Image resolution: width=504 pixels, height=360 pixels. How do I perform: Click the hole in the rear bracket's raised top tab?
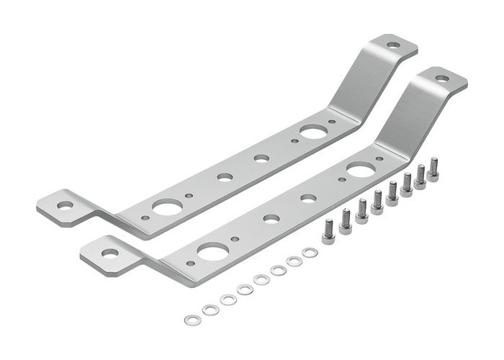(393, 45)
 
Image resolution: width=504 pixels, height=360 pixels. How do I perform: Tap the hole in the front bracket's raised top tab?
(442, 78)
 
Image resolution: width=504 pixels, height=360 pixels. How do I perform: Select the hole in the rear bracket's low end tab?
(66, 205)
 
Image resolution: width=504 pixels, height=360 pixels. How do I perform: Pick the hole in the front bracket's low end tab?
(109, 253)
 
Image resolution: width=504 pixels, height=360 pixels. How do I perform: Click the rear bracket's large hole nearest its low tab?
(167, 207)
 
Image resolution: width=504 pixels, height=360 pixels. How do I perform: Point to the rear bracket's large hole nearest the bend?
(312, 132)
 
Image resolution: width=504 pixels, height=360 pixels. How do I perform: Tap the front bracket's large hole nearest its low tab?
(213, 251)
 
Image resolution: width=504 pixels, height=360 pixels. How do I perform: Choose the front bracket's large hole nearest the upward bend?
(360, 170)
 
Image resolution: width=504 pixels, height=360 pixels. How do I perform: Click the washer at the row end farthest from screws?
(192, 320)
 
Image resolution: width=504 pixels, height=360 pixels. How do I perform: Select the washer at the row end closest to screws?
(310, 253)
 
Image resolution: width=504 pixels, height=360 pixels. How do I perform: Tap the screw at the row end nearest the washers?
(328, 233)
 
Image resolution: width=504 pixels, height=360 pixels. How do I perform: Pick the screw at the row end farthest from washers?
(433, 171)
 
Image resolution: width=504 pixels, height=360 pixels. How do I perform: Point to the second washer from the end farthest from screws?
(210, 310)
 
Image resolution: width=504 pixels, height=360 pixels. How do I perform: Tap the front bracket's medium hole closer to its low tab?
(271, 218)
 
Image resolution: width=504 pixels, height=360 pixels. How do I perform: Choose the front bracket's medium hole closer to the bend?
(308, 198)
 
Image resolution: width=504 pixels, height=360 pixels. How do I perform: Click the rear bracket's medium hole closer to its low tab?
(225, 176)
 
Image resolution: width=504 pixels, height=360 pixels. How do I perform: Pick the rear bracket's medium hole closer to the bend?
(261, 158)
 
